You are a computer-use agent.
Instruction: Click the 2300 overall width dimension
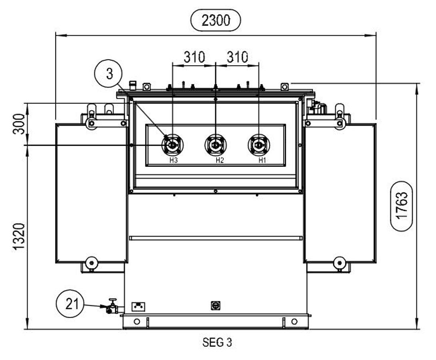pos(215,20)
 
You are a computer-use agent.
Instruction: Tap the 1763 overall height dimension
pos(402,206)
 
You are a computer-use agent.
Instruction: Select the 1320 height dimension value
pos(20,236)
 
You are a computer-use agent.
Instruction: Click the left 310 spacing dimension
pos(194,57)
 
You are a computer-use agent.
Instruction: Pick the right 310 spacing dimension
pos(237,57)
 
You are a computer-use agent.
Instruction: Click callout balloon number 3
pos(108,74)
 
